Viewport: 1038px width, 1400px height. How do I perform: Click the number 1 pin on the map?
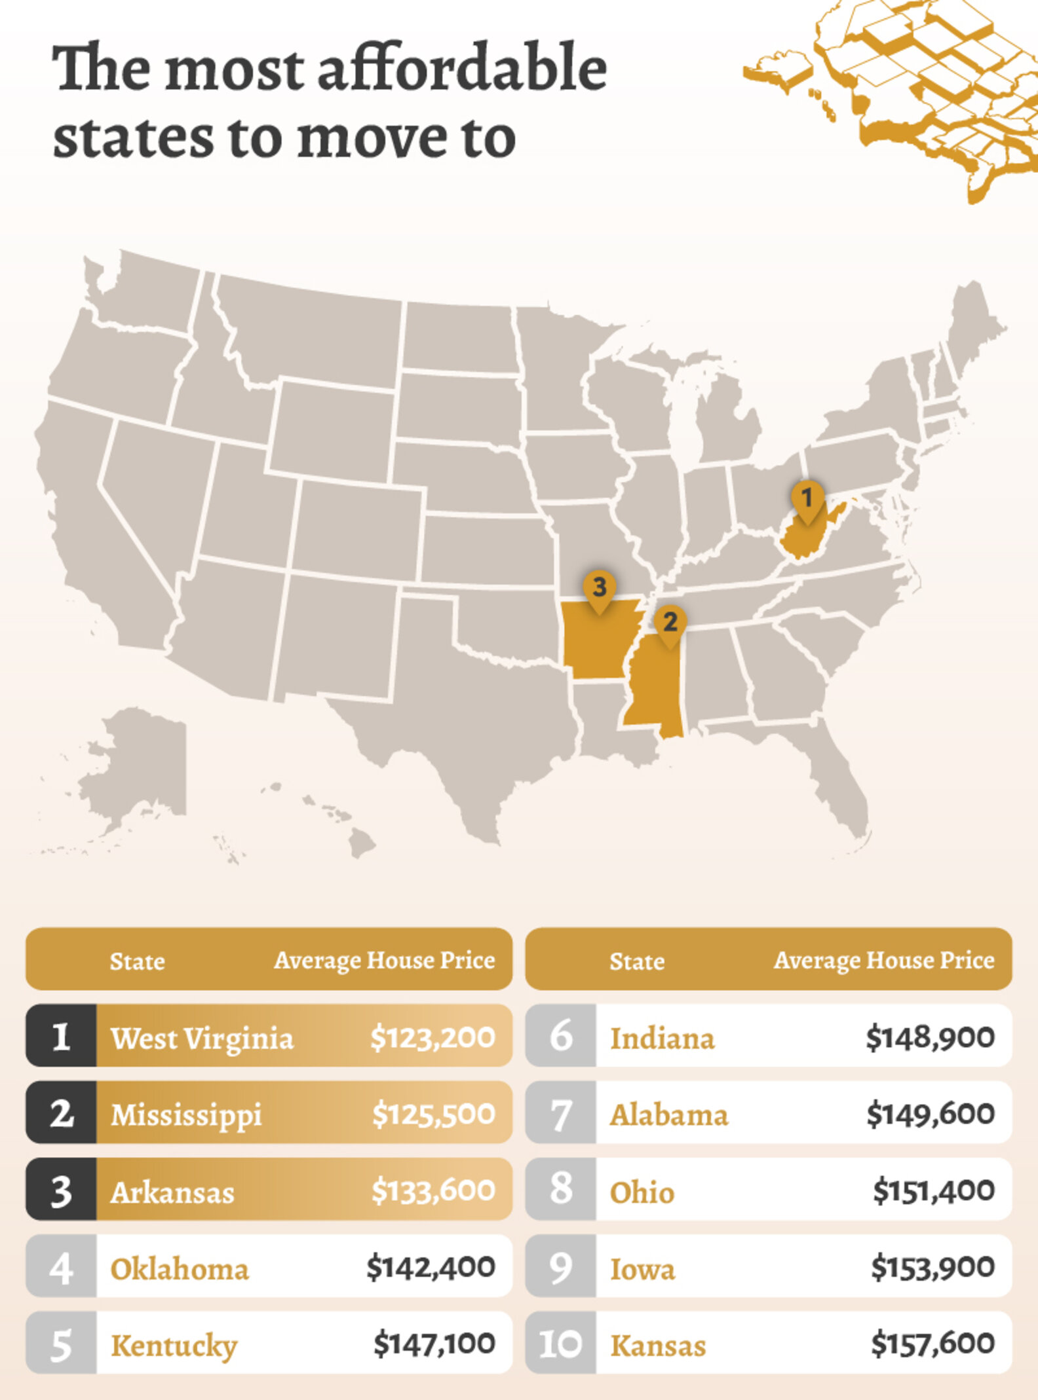807,500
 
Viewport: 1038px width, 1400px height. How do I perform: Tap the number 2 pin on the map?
669,623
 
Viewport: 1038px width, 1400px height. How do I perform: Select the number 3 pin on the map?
599,587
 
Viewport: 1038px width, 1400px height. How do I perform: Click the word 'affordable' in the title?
462,69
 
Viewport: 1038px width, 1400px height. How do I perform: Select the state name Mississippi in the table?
186,1114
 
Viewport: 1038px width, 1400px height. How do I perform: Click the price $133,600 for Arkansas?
432,1190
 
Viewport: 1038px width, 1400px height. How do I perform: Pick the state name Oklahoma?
180,1269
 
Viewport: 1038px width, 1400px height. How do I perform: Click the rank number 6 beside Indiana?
561,1037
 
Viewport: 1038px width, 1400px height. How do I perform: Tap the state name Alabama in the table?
669,1114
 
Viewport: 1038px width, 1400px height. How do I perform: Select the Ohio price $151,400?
933,1190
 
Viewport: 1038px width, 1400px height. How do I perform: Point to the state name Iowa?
642,1269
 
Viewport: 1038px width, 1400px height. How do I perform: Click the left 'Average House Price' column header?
384,961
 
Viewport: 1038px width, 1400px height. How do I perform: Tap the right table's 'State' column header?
637,961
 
